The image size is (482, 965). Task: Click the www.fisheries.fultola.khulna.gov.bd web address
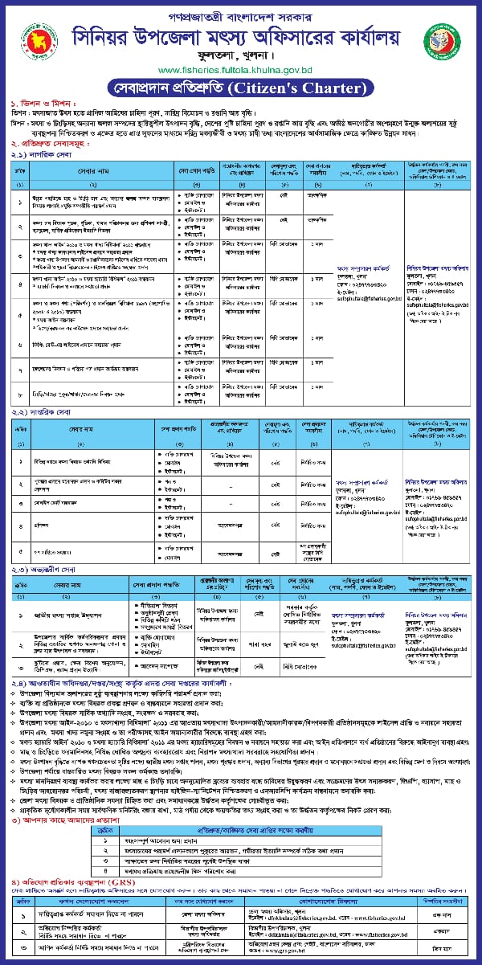tap(239, 70)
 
